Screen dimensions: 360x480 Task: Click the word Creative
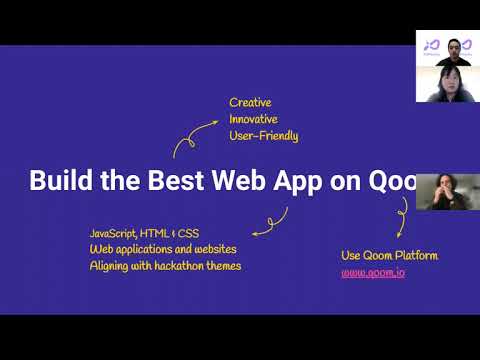click(250, 102)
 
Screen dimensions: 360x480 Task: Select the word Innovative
click(254, 119)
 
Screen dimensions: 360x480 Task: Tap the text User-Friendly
click(264, 136)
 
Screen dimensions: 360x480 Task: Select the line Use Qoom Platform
click(389, 255)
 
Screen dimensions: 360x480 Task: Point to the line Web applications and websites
click(160, 249)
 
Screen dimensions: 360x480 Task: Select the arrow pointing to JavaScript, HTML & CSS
click(271, 221)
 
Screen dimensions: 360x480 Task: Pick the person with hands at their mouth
click(442, 192)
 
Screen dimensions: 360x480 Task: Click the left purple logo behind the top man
click(431, 45)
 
